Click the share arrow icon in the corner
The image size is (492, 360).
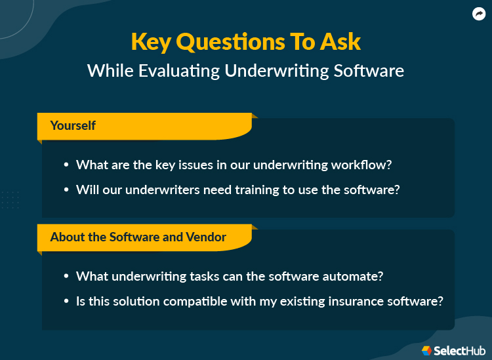click(478, 14)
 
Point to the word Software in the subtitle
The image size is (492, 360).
click(369, 70)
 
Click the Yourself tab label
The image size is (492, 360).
click(73, 125)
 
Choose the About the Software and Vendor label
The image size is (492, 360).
click(138, 237)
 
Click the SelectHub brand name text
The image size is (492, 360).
click(459, 351)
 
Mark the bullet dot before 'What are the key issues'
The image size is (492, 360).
click(66, 165)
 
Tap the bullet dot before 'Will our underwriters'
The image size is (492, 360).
click(66, 190)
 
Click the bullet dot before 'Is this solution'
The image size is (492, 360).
click(66, 302)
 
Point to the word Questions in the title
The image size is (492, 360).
click(231, 41)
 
